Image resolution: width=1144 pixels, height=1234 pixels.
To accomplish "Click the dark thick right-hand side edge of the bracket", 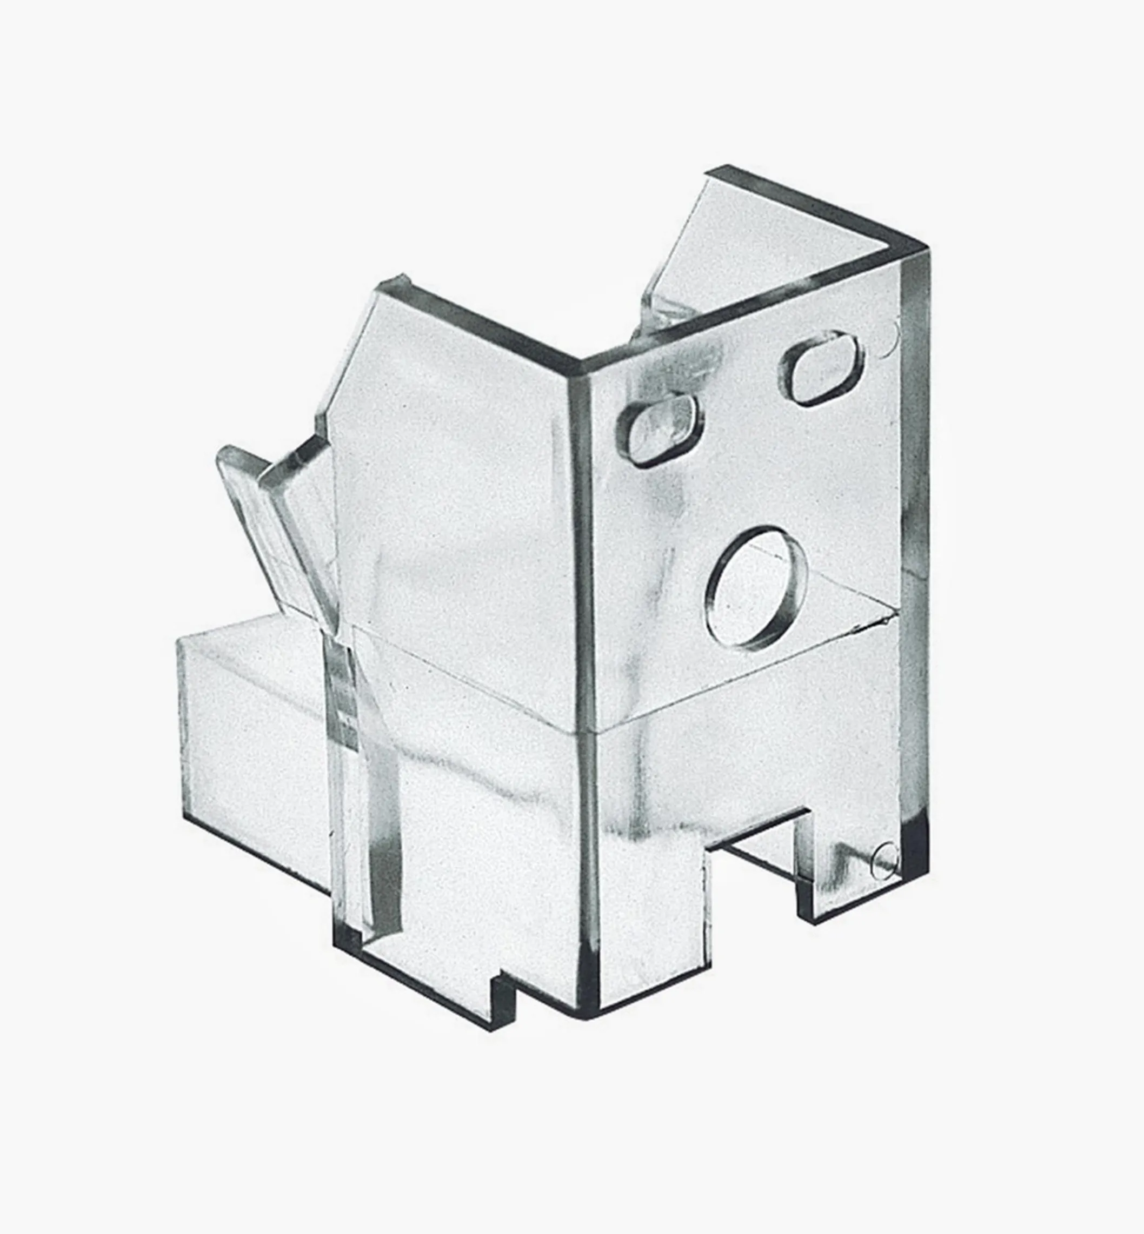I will pyautogui.click(x=916, y=556).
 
